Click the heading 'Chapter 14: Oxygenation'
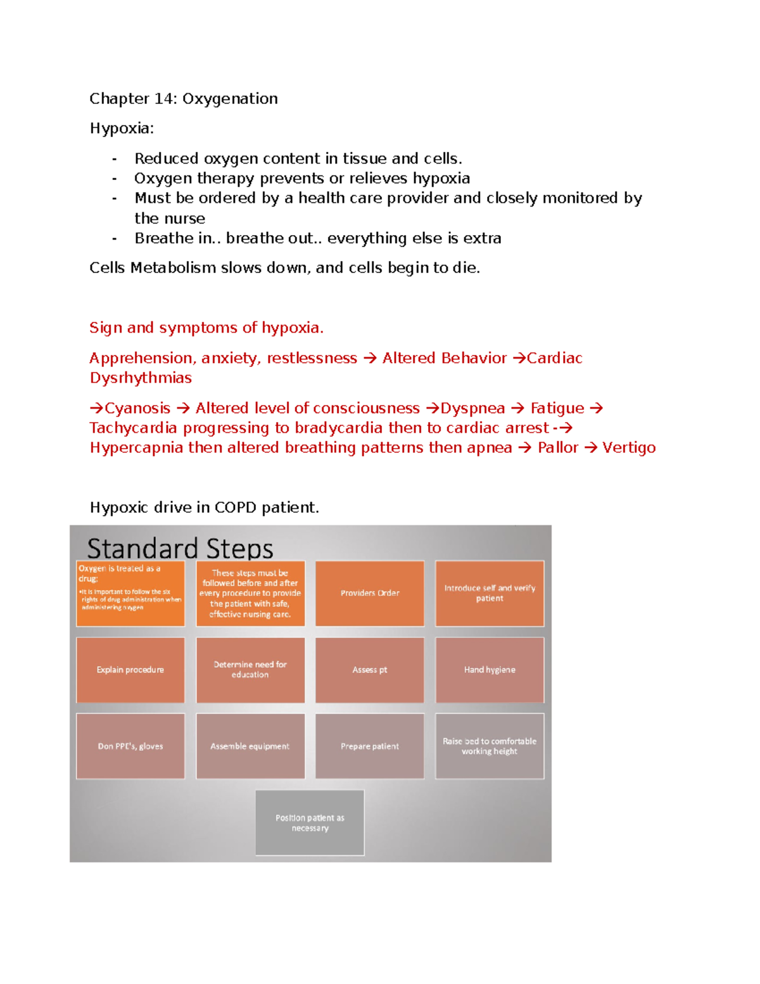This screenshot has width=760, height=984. tap(184, 99)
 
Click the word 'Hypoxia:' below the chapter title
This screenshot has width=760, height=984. tap(122, 129)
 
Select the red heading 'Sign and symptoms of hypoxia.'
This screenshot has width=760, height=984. tap(206, 328)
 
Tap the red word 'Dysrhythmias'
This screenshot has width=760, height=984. tap(141, 378)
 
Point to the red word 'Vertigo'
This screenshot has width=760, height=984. tap(629, 448)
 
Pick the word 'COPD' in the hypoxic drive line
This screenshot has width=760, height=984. tap(235, 508)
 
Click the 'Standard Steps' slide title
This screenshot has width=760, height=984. tap(180, 548)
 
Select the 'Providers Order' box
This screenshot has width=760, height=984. tap(370, 594)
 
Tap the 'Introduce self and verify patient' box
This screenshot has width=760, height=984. tap(490, 594)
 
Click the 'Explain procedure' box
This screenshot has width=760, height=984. tap(130, 670)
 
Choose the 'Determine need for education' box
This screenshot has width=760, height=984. tap(250, 670)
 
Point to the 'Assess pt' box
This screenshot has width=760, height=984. tap(370, 670)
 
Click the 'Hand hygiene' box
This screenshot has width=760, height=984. tap(490, 670)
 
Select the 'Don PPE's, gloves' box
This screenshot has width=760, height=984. tap(130, 746)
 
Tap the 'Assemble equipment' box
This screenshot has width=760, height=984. tap(250, 746)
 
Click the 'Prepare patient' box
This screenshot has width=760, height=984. tap(370, 746)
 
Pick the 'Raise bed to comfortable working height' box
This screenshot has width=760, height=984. tap(490, 746)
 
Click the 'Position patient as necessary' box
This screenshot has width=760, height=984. tap(310, 823)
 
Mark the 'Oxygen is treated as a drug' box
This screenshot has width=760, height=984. tap(130, 594)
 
